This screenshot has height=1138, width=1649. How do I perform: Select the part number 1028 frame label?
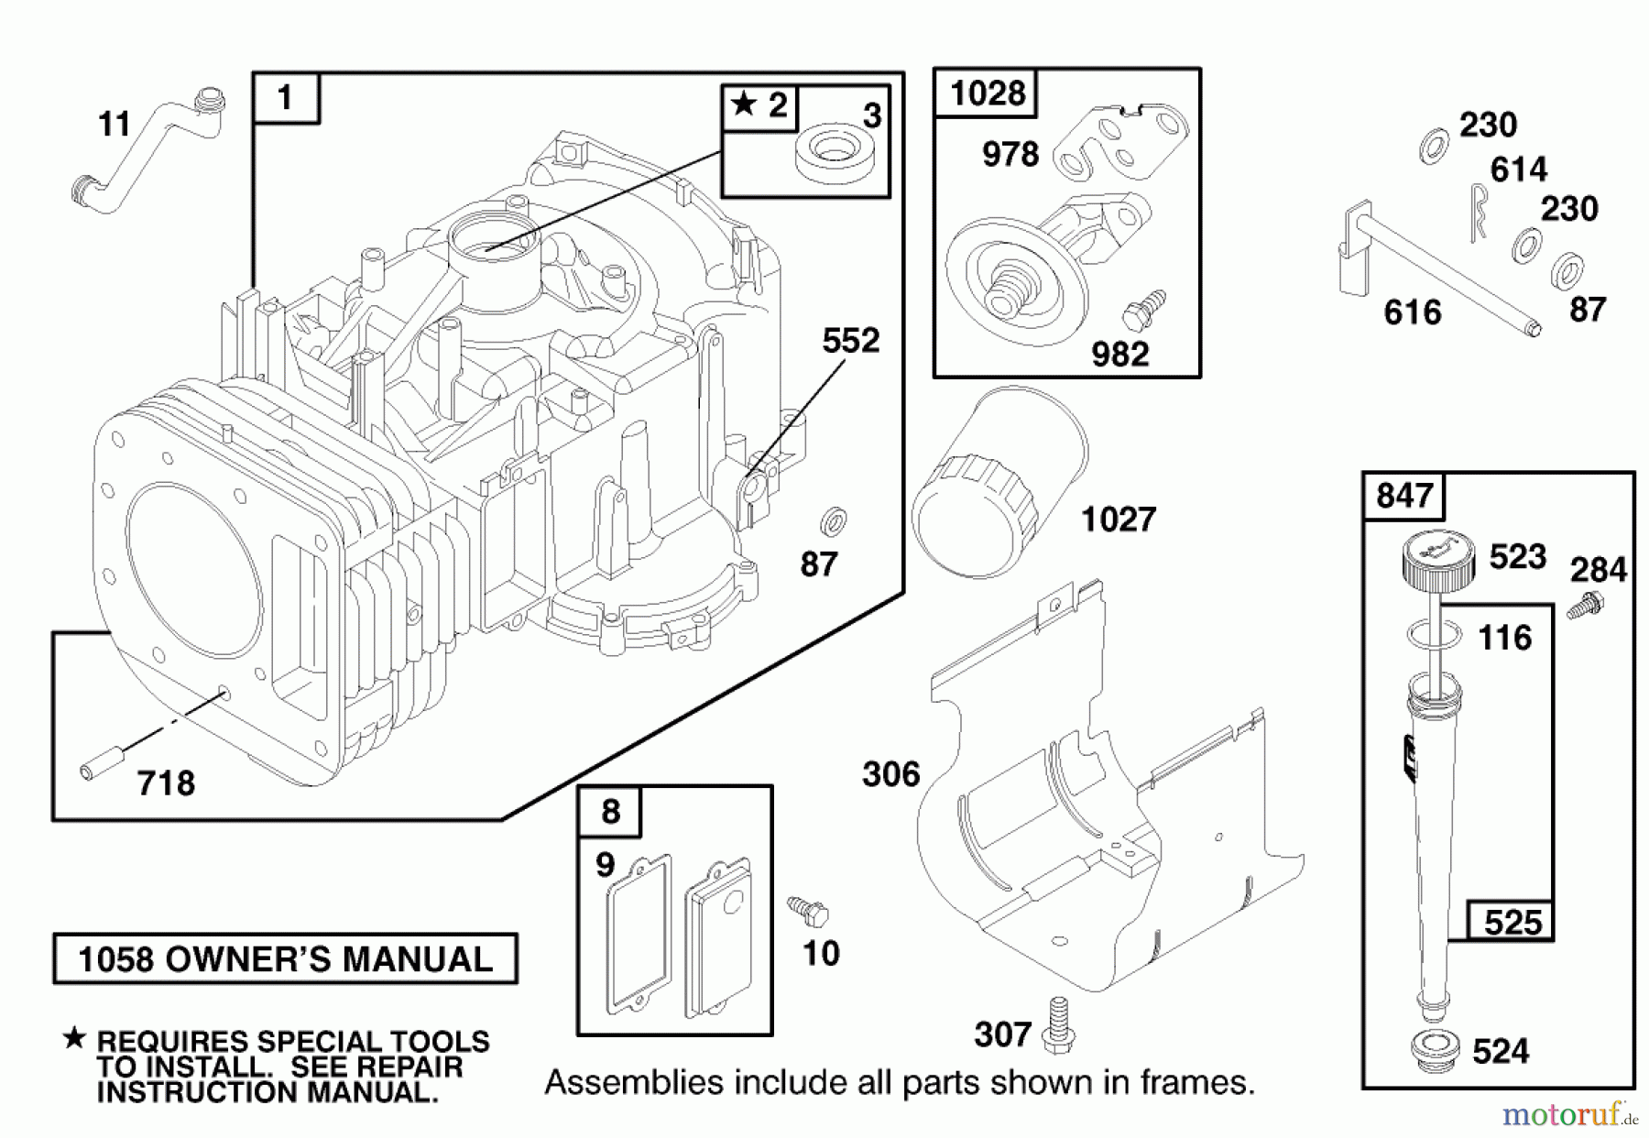[x=987, y=93]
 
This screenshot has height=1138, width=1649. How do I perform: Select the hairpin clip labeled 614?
[x=1477, y=212]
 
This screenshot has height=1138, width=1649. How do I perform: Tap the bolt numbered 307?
[x=1059, y=1024]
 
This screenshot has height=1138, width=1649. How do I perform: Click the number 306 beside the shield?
[x=890, y=775]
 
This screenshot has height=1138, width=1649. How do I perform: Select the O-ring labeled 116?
[x=1434, y=635]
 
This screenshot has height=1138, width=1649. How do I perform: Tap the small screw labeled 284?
[x=1588, y=606]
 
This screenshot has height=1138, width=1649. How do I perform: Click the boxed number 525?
[x=1512, y=922]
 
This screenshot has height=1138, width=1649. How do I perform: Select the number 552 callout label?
[x=850, y=341]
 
